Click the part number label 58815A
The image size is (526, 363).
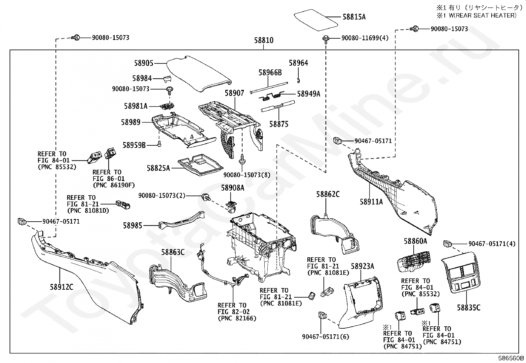click(354, 17)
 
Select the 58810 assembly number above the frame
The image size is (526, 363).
click(264, 40)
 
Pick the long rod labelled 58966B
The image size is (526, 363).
click(269, 88)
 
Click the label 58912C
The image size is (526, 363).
click(61, 287)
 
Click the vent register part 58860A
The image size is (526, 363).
click(414, 262)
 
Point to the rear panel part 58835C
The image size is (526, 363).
click(461, 272)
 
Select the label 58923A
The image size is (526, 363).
click(362, 266)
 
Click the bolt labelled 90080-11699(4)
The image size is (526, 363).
click(326, 39)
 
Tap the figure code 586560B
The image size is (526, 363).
click(511, 358)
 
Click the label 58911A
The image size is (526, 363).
click(371, 201)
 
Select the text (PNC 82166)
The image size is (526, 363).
click(237, 318)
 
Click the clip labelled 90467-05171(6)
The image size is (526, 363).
click(322, 315)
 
